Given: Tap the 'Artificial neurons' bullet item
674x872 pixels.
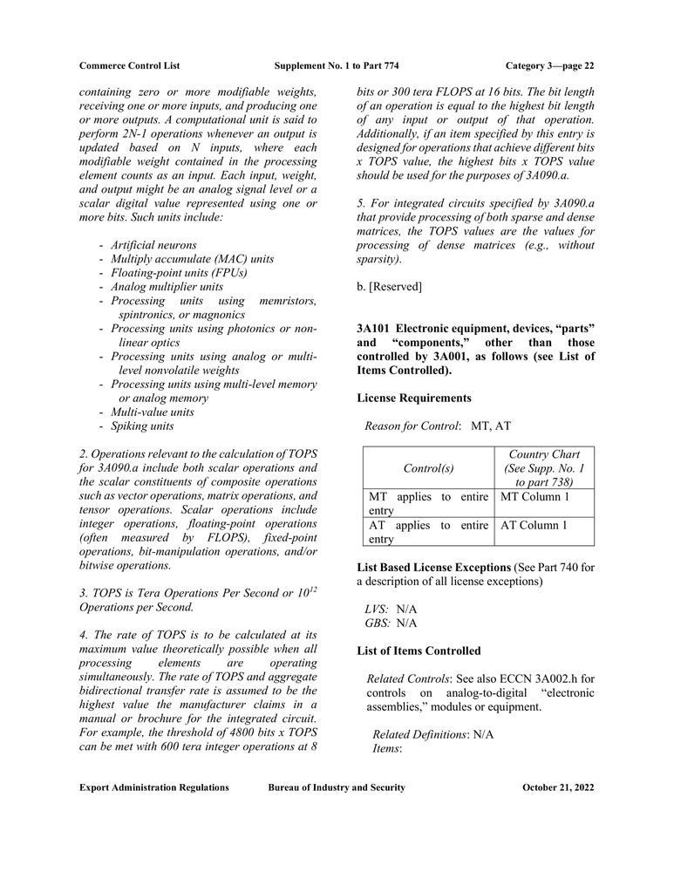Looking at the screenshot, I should pyautogui.click(x=153, y=245).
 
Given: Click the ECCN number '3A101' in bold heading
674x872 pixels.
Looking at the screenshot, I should pyautogui.click(x=373, y=329).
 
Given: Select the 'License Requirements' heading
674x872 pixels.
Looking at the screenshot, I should pyautogui.click(x=414, y=399).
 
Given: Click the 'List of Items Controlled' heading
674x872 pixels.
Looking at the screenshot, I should pyautogui.click(x=419, y=651).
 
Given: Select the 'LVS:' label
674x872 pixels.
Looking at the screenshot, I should pyautogui.click(x=377, y=609).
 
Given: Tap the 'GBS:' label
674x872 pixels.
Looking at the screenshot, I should pyautogui.click(x=377, y=623).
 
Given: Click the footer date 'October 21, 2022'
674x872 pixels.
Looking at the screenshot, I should pyautogui.click(x=558, y=787).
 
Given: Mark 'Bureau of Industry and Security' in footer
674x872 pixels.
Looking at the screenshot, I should pyautogui.click(x=337, y=787).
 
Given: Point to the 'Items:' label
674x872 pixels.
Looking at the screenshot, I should pyautogui.click(x=386, y=748).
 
